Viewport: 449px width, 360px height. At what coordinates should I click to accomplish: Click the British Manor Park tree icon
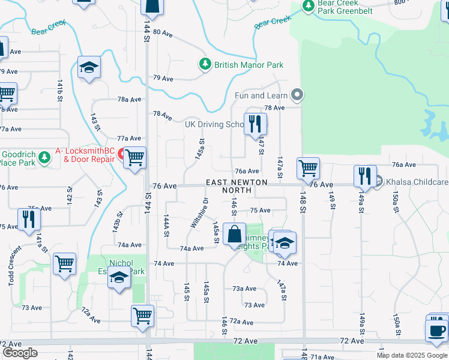pyautogui.click(x=205, y=64)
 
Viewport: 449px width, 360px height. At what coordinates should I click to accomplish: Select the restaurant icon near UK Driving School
pyautogui.click(x=255, y=124)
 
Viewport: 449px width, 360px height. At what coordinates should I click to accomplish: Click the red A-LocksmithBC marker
pyautogui.click(x=121, y=154)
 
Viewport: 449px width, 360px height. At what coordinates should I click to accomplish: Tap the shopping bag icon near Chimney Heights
pyautogui.click(x=235, y=233)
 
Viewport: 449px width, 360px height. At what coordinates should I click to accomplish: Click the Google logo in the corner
pyautogui.click(x=20, y=353)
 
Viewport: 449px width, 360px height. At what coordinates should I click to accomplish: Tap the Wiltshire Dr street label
pyautogui.click(x=199, y=213)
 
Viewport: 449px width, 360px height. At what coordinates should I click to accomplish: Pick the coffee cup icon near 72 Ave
pyautogui.click(x=436, y=329)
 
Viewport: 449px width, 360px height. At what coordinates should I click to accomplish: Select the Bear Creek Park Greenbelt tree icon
pyautogui.click(x=309, y=6)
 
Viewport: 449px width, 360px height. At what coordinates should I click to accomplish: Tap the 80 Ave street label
pyautogui.click(x=163, y=34)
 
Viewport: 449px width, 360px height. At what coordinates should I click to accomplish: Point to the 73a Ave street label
pyautogui.click(x=244, y=289)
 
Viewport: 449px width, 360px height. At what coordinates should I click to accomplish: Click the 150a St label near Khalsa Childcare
pyautogui.click(x=395, y=203)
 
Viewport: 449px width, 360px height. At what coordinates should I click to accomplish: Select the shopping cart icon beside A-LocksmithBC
pyautogui.click(x=136, y=158)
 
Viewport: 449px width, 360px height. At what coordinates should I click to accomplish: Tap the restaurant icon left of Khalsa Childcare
pyautogui.click(x=365, y=175)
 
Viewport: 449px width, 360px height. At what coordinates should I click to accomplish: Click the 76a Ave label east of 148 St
pyautogui.click(x=403, y=164)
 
